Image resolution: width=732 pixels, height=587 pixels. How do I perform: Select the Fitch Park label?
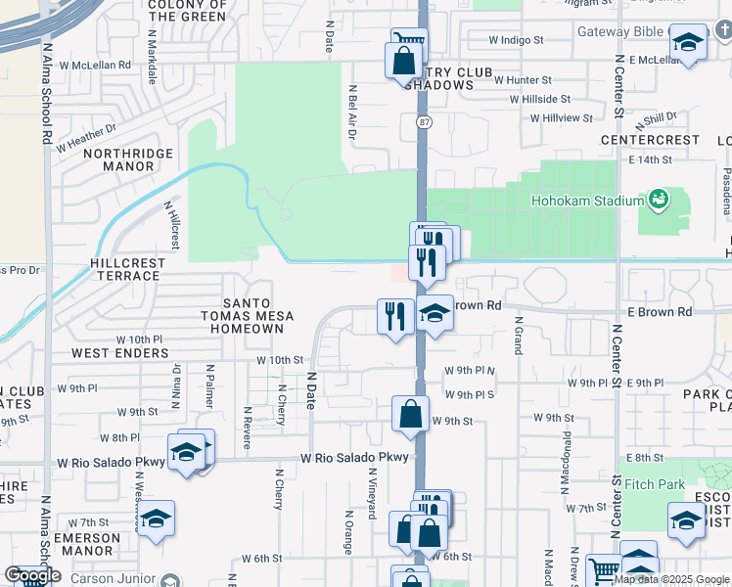coord(655,484)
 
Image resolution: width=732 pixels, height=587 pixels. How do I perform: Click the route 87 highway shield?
coord(423,121)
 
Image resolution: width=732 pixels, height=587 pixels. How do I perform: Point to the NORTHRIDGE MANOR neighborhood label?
coord(128,159)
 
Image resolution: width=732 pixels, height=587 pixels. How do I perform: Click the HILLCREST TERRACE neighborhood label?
coord(124,270)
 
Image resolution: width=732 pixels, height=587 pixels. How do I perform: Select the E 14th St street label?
coord(651,158)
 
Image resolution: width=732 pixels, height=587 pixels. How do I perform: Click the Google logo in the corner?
coord(31,575)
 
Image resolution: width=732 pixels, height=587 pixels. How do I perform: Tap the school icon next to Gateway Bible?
coord(688,44)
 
